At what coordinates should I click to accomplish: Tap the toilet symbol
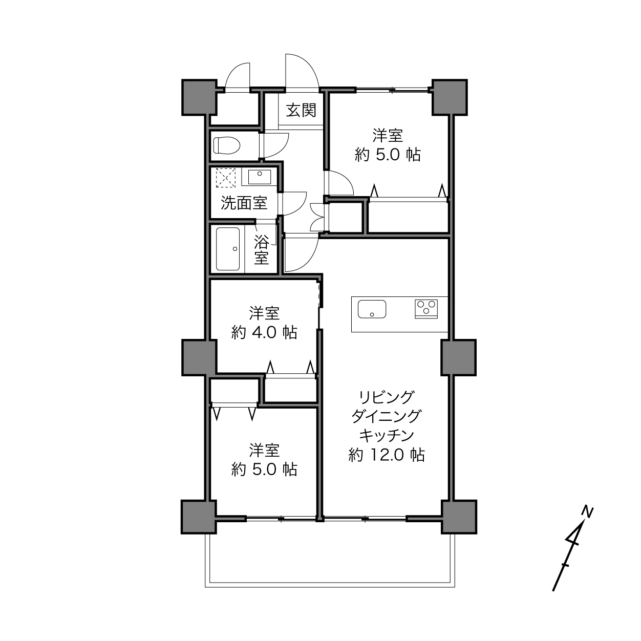click(227, 145)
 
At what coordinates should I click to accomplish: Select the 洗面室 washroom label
click(244, 203)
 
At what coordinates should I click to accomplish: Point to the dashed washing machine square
click(226, 178)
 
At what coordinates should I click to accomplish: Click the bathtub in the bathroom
click(227, 249)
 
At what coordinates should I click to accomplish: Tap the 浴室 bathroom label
click(262, 250)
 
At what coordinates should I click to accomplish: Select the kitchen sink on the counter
click(372, 309)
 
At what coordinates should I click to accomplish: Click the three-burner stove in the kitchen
click(426, 309)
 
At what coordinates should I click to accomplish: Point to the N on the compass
click(588, 511)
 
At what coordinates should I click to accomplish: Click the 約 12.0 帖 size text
click(386, 455)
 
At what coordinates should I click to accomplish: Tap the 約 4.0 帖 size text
click(264, 332)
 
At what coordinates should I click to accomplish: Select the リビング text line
click(386, 397)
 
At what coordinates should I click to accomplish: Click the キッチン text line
click(387, 435)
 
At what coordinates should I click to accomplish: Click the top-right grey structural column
click(450, 97)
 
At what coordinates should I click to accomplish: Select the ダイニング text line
click(386, 416)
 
